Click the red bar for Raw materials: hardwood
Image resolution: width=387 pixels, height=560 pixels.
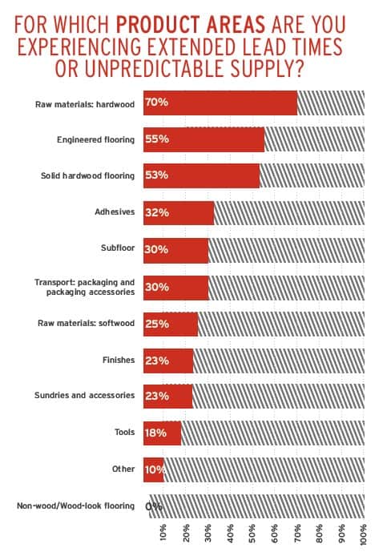(x=220, y=103)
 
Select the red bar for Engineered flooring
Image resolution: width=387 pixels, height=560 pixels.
(x=204, y=139)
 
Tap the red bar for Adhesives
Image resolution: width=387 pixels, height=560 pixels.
(x=179, y=213)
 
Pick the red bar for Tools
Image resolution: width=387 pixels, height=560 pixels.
(x=162, y=433)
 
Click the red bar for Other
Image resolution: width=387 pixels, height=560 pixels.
(x=154, y=469)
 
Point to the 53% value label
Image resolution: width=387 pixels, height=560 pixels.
(x=156, y=175)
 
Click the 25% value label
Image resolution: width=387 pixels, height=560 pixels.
(x=157, y=324)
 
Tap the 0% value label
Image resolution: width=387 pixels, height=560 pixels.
(x=154, y=506)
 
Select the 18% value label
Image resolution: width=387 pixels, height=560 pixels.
(x=155, y=433)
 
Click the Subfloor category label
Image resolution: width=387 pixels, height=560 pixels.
(x=118, y=248)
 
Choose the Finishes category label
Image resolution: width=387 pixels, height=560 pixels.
(x=119, y=360)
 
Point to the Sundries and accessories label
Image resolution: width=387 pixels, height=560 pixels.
(x=85, y=395)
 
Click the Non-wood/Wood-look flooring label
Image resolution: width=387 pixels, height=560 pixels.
(x=76, y=506)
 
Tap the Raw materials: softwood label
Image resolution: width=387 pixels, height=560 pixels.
(x=86, y=323)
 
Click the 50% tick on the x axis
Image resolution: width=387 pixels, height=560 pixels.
(x=252, y=534)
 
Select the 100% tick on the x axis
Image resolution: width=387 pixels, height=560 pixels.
(x=364, y=534)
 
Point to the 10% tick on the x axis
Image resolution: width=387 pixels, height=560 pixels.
(x=163, y=534)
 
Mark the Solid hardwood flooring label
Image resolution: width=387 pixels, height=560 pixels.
(x=87, y=175)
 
